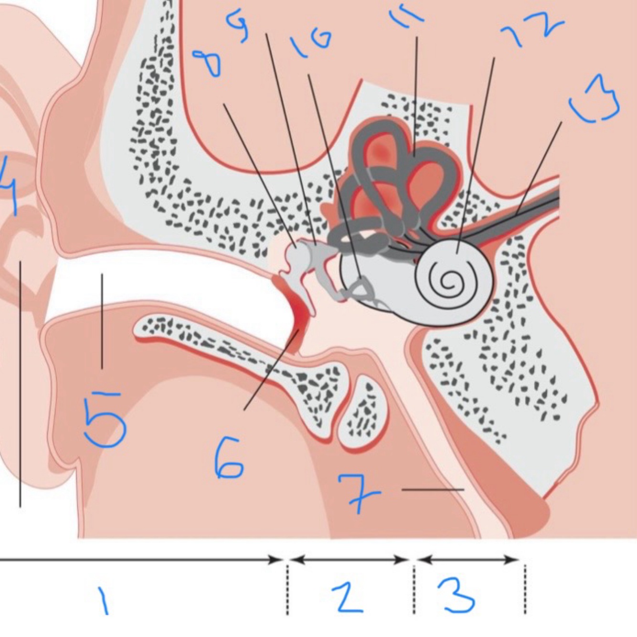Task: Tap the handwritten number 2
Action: (x=348, y=597)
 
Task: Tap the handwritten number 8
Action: (x=208, y=64)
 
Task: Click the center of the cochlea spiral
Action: (x=447, y=283)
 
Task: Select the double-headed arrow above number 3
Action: (x=468, y=559)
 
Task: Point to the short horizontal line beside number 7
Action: (x=433, y=489)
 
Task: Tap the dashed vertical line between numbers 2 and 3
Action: (x=414, y=590)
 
